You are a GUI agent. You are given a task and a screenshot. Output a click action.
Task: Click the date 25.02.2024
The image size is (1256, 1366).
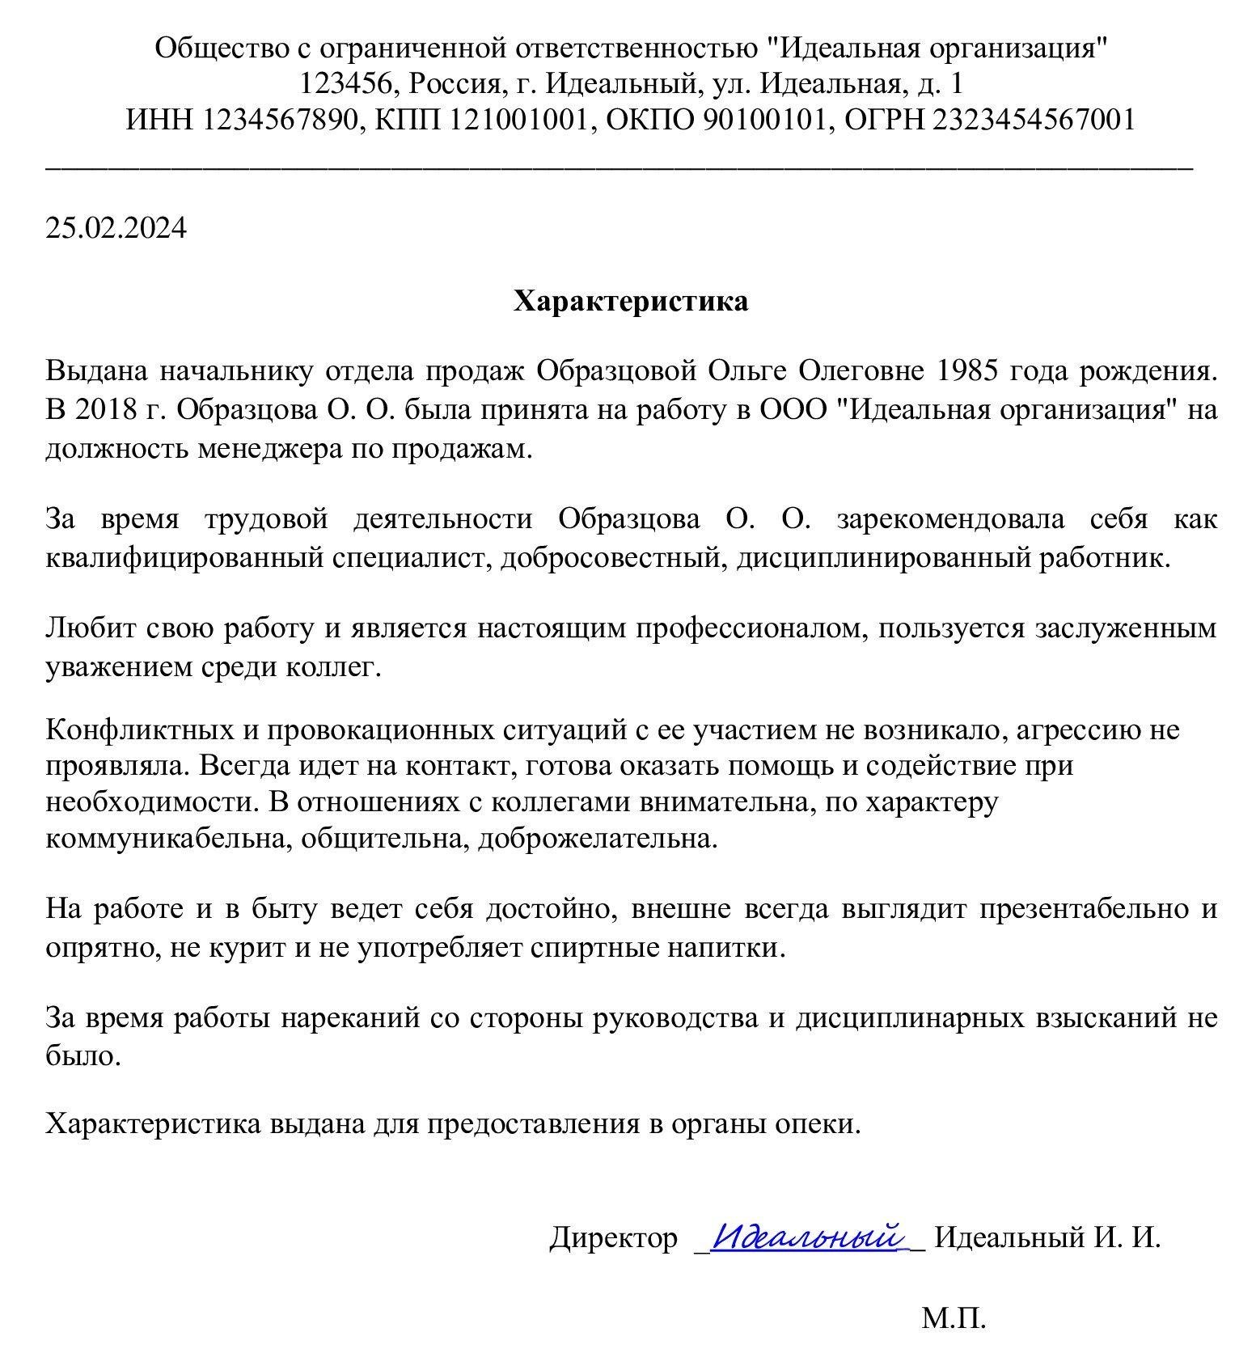point(116,228)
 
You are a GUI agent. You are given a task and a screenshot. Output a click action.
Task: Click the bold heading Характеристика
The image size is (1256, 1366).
point(631,302)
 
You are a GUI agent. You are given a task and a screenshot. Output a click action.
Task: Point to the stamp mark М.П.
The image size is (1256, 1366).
point(954,1319)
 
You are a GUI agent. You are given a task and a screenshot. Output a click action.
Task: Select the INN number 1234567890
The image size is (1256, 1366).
point(278,120)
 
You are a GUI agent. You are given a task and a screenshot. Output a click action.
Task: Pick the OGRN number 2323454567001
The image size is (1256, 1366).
point(1034,120)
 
